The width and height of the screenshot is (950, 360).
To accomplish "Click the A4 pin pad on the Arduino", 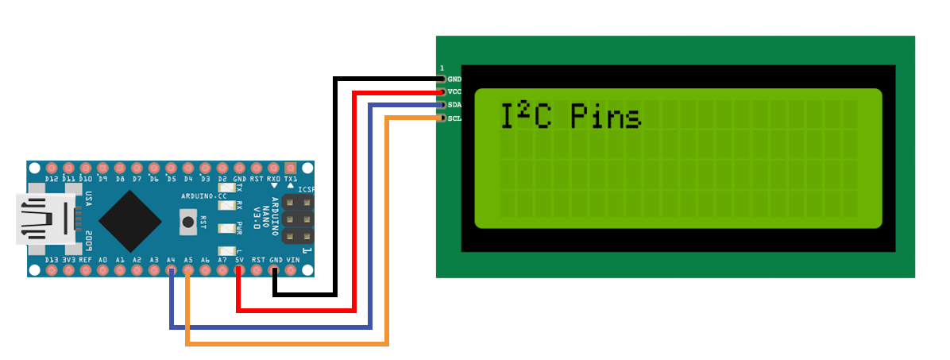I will [171, 270].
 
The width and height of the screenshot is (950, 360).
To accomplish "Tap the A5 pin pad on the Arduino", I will [188, 270].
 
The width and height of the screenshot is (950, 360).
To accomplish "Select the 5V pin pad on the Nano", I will [239, 270].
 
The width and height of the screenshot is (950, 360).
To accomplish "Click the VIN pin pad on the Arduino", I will [292, 270].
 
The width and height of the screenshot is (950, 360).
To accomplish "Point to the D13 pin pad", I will [52, 270].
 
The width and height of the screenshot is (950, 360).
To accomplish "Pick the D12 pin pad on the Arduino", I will [52, 168].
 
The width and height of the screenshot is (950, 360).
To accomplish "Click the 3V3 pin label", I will [68, 260].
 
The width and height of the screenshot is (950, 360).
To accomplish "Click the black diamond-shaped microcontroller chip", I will [127, 219].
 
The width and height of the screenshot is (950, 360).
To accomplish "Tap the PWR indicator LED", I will [224, 229].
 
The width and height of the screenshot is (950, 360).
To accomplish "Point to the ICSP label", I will [306, 189].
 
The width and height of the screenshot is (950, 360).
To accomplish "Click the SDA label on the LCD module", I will [454, 105].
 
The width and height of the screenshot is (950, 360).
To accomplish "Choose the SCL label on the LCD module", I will [454, 118].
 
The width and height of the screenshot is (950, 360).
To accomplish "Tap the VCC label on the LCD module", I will [454, 92].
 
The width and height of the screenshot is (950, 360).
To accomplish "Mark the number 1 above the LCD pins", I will [442, 68].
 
